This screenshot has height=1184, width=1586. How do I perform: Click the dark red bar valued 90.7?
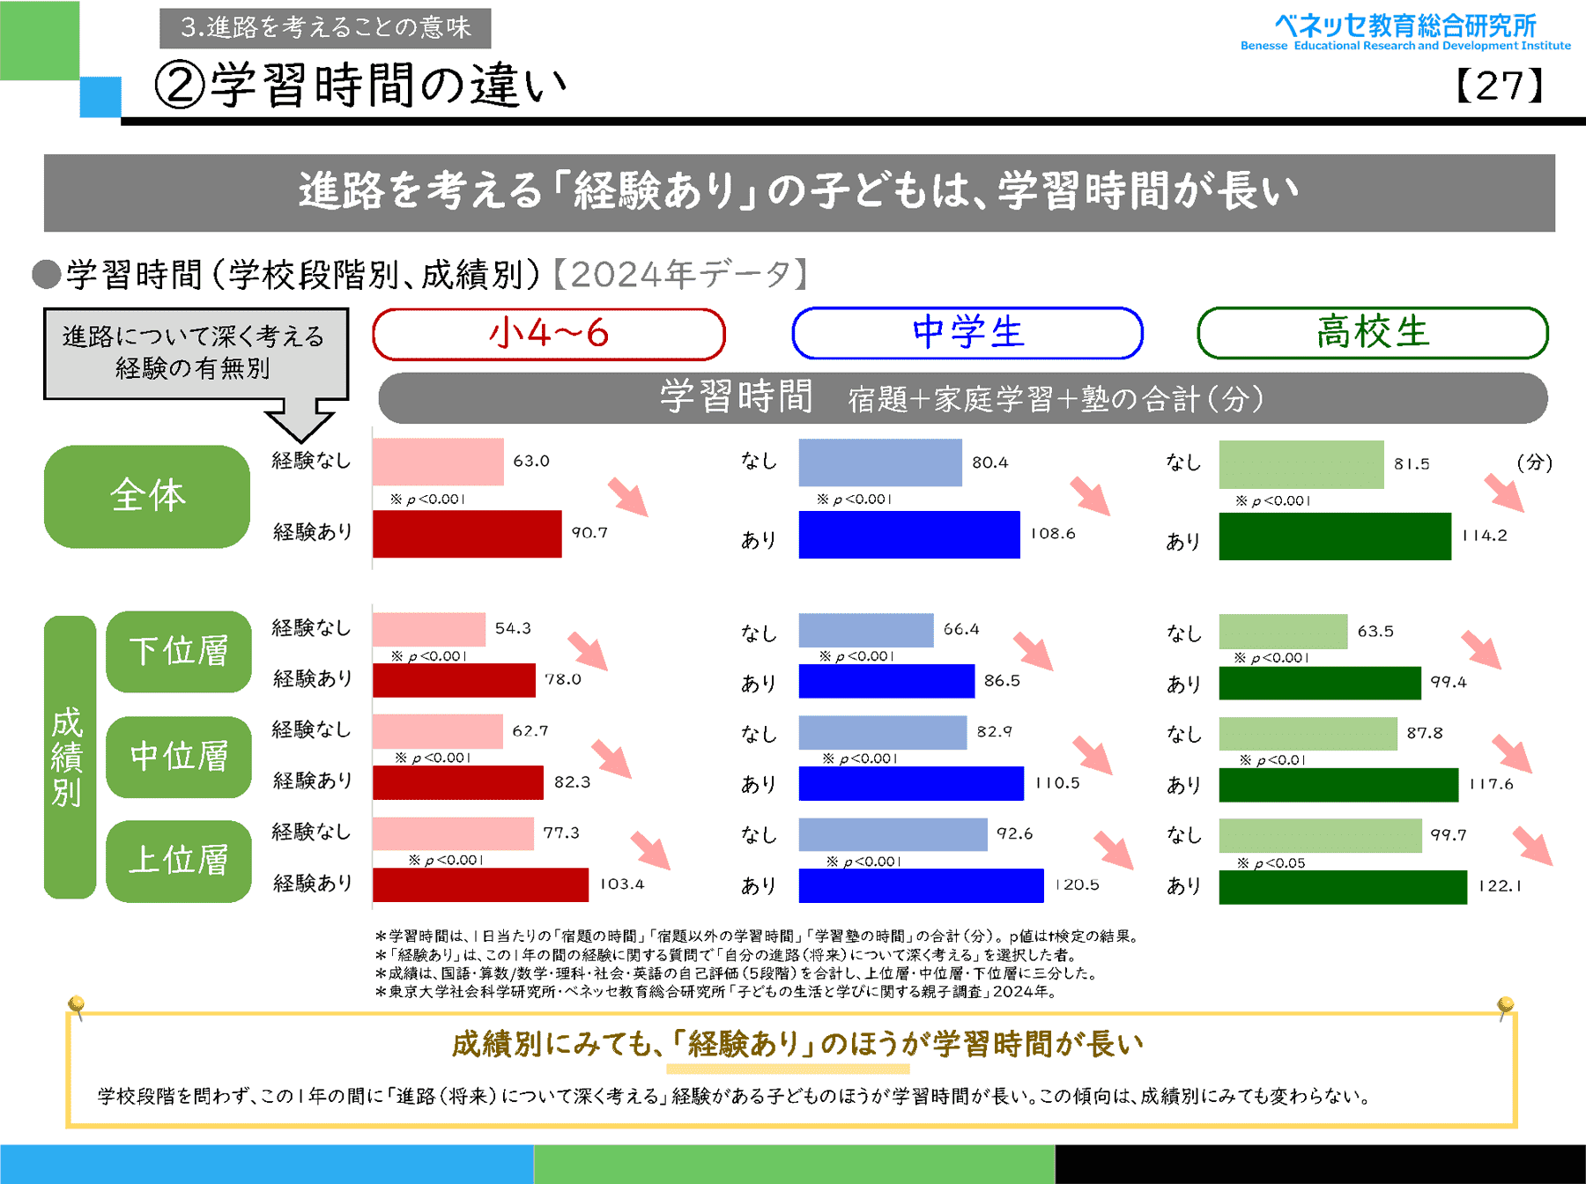pyautogui.click(x=467, y=534)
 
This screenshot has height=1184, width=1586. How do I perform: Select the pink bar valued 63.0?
pyautogui.click(x=438, y=462)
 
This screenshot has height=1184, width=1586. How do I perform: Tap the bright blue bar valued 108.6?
pyautogui.click(x=909, y=535)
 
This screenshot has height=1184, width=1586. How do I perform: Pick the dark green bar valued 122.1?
pyautogui.click(x=1343, y=887)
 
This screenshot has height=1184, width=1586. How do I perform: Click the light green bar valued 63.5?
pyautogui.click(x=1283, y=632)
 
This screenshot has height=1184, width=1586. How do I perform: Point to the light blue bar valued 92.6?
pyautogui.click(x=893, y=834)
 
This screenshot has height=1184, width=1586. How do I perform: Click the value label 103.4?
pyautogui.click(x=622, y=884)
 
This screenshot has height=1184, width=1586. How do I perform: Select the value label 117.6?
pyautogui.click(x=1491, y=783)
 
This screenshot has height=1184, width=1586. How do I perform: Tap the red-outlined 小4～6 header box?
pyautogui.click(x=548, y=334)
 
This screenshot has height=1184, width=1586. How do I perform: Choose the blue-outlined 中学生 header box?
pyautogui.click(x=967, y=333)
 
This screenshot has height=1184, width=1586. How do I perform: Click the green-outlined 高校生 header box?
pyautogui.click(x=1372, y=333)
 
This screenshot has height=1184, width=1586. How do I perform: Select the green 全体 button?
pyautogui.click(x=147, y=496)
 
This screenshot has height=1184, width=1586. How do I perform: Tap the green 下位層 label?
pyautogui.click(x=179, y=652)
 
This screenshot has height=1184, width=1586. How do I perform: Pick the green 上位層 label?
pyautogui.click(x=179, y=861)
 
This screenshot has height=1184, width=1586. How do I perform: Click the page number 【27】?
pyautogui.click(x=1500, y=86)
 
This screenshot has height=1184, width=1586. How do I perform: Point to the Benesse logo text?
pyautogui.click(x=1405, y=32)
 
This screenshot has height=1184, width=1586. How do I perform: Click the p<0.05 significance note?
pyautogui.click(x=1271, y=863)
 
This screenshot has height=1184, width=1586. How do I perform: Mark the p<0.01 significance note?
pyautogui.click(x=1272, y=759)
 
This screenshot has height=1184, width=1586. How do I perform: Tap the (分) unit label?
pyautogui.click(x=1534, y=462)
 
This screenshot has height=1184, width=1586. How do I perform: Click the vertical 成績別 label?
pyautogui.click(x=68, y=757)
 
